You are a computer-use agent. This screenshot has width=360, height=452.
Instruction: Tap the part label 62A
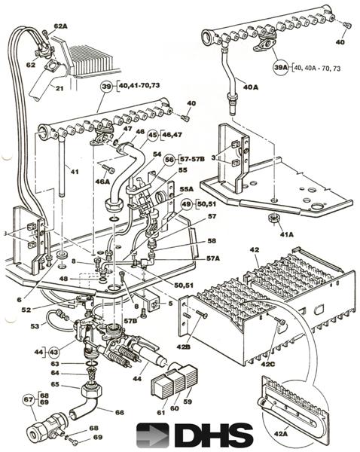point(61,26)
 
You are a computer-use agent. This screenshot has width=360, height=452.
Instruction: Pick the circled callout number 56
point(170,159)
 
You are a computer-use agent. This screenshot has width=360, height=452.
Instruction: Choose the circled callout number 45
point(154,136)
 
